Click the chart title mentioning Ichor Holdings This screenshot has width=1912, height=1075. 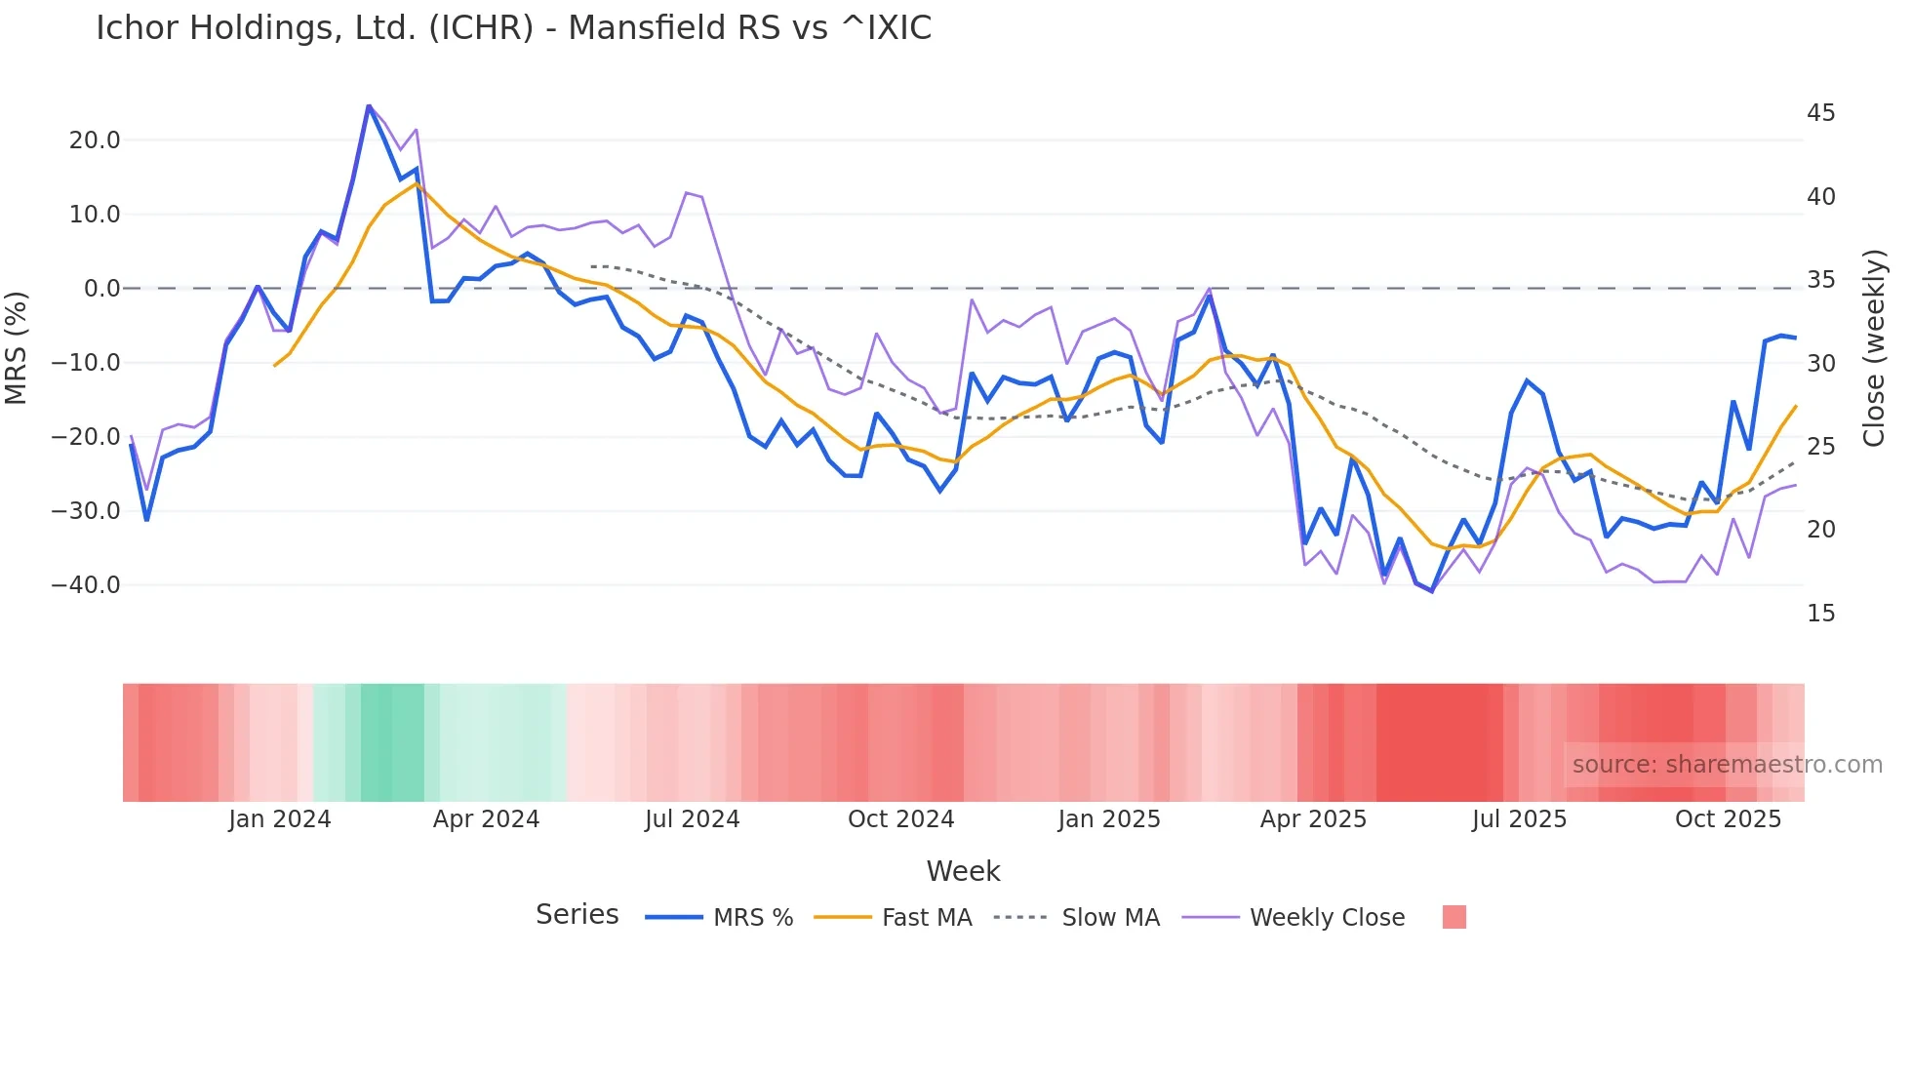pyautogui.click(x=513, y=28)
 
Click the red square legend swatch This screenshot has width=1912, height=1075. pyautogui.click(x=1454, y=917)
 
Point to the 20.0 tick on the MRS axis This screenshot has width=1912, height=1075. pyautogui.click(x=95, y=140)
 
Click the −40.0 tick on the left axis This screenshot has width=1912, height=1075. pyautogui.click(x=86, y=585)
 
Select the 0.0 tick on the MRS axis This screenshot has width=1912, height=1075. pyautogui.click(x=102, y=289)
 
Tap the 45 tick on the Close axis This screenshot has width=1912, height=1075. pyautogui.click(x=1820, y=113)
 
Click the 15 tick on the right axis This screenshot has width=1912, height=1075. pyautogui.click(x=1820, y=614)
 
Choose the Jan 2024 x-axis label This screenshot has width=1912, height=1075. pyautogui.click(x=280, y=819)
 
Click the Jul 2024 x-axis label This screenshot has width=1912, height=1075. pyautogui.click(x=692, y=819)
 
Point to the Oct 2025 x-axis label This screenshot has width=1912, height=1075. pyautogui.click(x=1728, y=819)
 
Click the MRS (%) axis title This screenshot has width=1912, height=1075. pyautogui.click(x=17, y=348)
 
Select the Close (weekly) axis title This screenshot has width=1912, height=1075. pyautogui.click(x=1874, y=348)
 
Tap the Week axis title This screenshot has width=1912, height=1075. pyautogui.click(x=963, y=871)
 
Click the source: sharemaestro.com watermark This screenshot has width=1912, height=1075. pyautogui.click(x=1727, y=765)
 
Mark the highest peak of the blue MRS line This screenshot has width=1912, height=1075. pyautogui.click(x=369, y=105)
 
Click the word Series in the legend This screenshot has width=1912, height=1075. pyautogui.click(x=577, y=915)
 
